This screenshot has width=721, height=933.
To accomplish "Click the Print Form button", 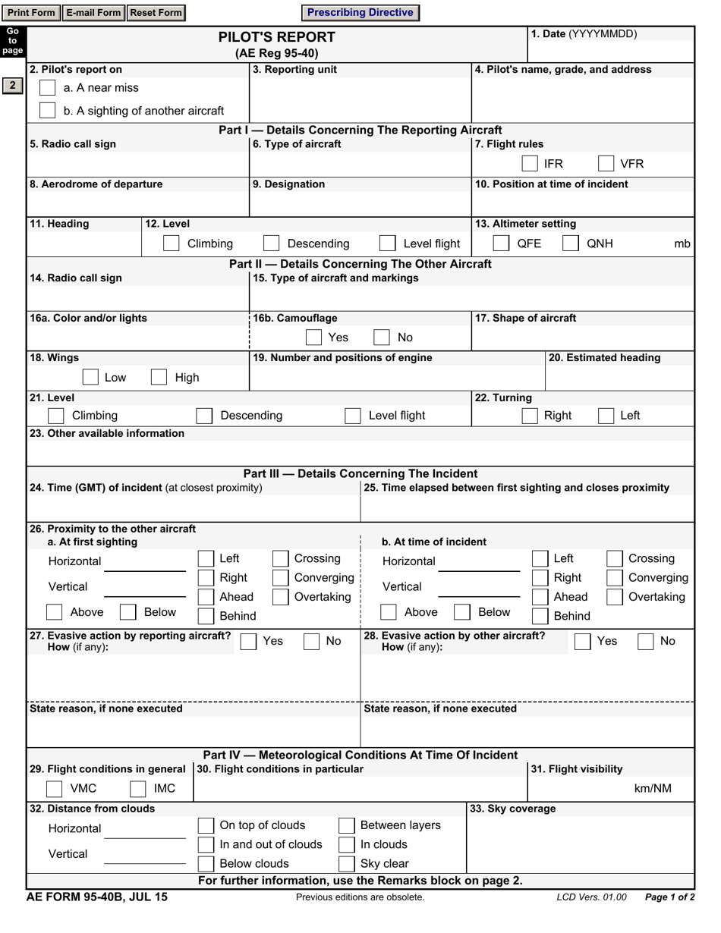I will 31,13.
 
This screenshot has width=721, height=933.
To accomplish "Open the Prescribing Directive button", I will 360,13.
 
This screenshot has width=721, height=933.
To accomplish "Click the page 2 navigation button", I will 12,86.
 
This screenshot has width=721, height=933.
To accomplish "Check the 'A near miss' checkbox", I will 47,88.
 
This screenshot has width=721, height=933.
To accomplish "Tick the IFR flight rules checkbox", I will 530,164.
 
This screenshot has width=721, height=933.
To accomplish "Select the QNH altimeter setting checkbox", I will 570,243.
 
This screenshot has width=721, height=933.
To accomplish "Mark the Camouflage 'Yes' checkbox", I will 313,338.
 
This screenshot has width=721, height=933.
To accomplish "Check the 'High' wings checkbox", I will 159,378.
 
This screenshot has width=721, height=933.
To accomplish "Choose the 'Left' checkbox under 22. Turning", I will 606,416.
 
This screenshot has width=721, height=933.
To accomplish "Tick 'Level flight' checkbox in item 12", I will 387,243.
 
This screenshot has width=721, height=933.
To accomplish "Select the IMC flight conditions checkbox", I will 137,789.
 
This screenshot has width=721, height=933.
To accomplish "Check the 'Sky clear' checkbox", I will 346,864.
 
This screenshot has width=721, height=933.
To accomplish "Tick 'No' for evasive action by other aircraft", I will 645,642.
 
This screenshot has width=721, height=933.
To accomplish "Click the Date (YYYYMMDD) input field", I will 611,51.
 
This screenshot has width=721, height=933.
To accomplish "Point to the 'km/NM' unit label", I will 653,789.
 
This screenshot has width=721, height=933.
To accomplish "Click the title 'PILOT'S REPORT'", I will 276,37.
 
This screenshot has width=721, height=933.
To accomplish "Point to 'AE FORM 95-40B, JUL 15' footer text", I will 97,897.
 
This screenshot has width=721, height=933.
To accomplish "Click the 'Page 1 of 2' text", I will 669,897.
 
